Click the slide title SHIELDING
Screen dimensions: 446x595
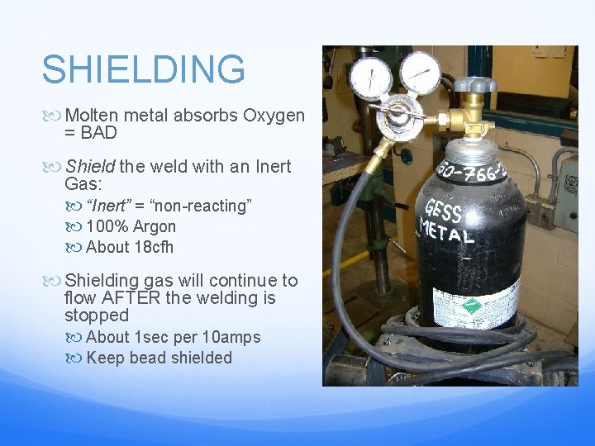coord(143,70)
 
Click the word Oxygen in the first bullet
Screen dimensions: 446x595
coord(274,116)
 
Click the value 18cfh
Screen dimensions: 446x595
coord(153,247)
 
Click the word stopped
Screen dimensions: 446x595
coord(97,315)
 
